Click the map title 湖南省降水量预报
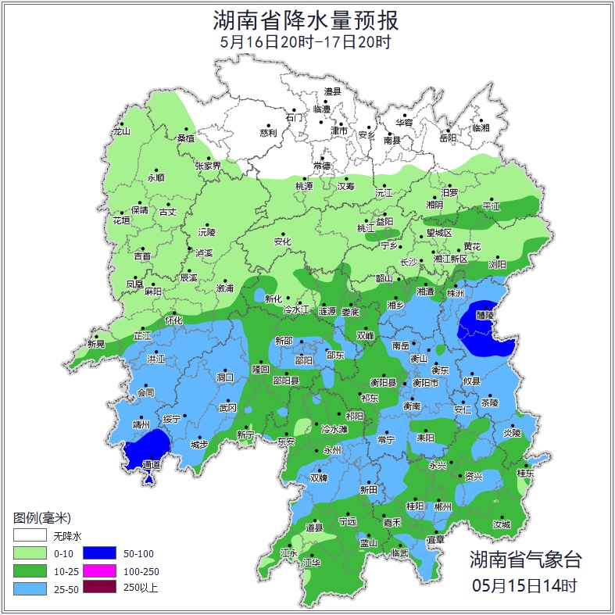pyautogui.click(x=306, y=19)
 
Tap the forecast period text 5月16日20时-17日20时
pyautogui.click(x=306, y=41)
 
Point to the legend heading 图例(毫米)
pyautogui.click(x=42, y=518)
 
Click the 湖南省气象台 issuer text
pyautogui.click(x=525, y=560)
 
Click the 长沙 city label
pyautogui.click(x=409, y=263)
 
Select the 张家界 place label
pyautogui.click(x=208, y=166)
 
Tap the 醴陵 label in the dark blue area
pyautogui.click(x=484, y=315)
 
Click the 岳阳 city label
pyautogui.click(x=448, y=138)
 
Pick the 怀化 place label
pyautogui.click(x=173, y=320)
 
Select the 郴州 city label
pyautogui.click(x=443, y=506)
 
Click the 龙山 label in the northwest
pyautogui.click(x=121, y=131)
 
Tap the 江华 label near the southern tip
pyautogui.click(x=312, y=563)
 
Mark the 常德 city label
pyautogui.click(x=321, y=166)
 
